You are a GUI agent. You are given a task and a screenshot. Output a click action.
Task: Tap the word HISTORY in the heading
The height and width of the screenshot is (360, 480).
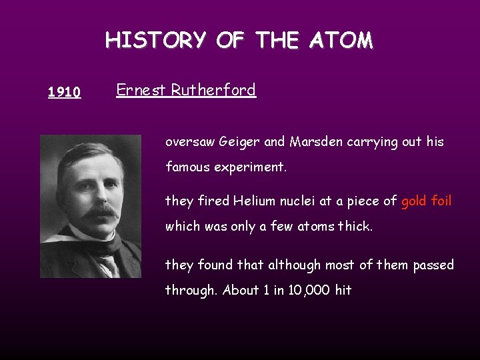point(156,41)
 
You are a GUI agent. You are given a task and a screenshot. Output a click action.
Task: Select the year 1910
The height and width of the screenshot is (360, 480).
point(65,92)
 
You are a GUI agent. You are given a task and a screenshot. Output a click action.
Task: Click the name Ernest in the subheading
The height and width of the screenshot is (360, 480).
point(141,90)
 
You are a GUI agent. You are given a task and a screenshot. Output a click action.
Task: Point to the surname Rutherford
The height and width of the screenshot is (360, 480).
point(213,90)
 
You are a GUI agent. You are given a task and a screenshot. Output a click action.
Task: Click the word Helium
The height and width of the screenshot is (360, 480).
point(249,201)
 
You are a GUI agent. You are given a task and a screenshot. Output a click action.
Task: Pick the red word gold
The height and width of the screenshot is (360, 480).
point(414,201)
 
